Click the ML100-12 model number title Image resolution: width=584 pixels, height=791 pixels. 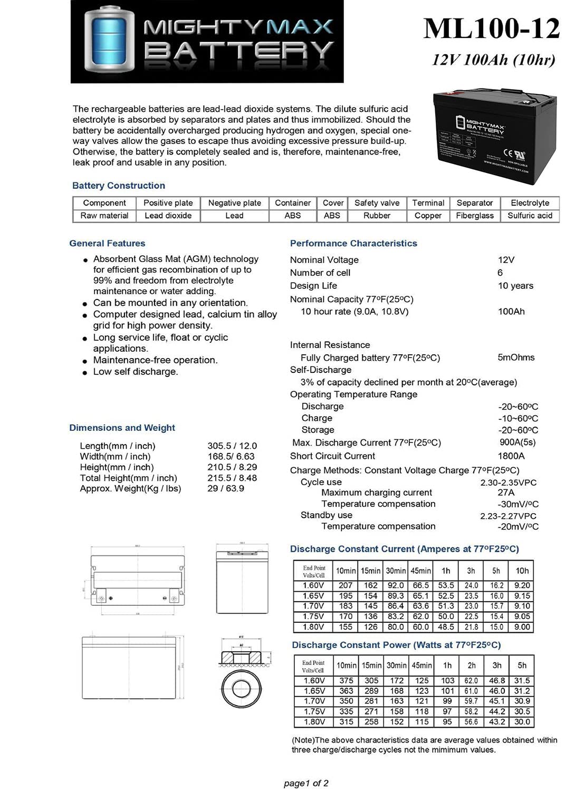click(491, 28)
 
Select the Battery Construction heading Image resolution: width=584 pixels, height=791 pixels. click(119, 186)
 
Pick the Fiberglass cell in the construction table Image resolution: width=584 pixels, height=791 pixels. click(474, 216)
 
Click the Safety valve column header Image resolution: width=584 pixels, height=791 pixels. click(377, 203)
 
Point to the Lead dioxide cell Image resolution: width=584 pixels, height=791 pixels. click(168, 216)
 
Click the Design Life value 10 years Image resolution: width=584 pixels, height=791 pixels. click(515, 286)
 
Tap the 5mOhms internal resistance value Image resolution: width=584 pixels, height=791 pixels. click(515, 358)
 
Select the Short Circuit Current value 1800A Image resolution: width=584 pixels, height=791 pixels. click(511, 456)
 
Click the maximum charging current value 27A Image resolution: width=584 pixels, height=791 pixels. click(505, 493)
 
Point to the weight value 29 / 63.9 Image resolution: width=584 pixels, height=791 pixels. click(226, 489)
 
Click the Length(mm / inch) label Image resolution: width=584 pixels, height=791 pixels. click(118, 446)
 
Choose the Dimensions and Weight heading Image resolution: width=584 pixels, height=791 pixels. click(122, 428)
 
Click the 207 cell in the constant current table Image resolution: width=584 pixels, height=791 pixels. click(346, 585)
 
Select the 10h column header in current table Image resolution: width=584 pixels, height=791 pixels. click(522, 571)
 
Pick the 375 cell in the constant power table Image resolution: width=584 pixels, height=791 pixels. click(346, 681)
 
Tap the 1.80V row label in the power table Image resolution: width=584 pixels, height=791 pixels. click(314, 722)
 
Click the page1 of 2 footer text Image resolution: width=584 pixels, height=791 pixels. click(306, 783)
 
